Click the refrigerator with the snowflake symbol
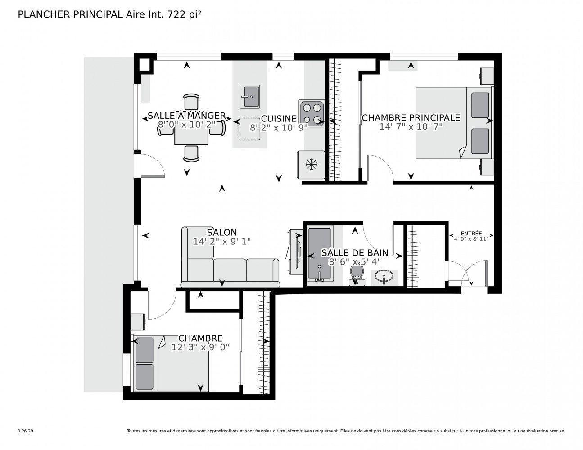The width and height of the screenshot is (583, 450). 311,165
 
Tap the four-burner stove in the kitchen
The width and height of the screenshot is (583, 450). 312,113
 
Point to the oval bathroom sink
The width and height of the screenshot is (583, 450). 384,275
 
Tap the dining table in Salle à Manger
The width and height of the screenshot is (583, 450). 191,129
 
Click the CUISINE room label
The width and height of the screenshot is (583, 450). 279,119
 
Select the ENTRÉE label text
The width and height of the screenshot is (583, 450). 471,234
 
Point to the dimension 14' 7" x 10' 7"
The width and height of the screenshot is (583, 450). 411,127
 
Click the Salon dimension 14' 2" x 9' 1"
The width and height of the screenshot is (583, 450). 221,242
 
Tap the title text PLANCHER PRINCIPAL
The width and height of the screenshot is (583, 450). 69,14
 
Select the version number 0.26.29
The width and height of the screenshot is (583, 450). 25,431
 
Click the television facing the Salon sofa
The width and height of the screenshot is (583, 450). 295,252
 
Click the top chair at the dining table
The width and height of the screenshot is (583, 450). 191,101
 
